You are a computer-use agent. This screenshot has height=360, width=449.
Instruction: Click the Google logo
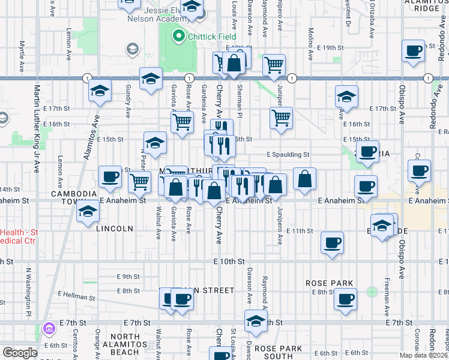20,353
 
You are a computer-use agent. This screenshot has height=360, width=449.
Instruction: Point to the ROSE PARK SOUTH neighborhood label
277,353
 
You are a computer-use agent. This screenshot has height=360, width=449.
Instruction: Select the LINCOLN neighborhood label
115,229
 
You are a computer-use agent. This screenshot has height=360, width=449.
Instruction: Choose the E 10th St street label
229,262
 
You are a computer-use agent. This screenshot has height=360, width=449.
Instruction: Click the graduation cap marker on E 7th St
256,320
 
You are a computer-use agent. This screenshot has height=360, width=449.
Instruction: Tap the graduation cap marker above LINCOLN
88,212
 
